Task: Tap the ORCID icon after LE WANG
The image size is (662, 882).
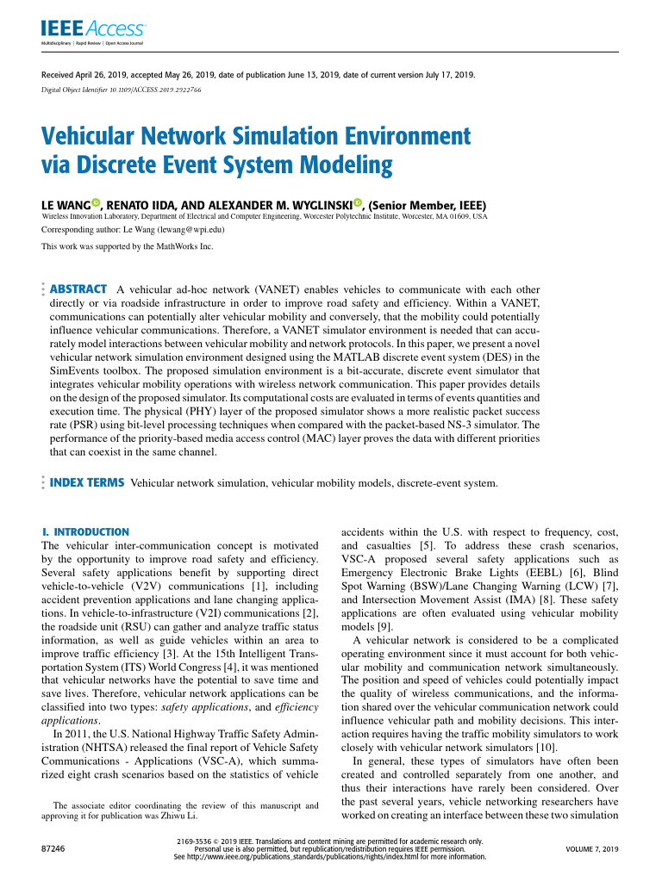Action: coord(96,204)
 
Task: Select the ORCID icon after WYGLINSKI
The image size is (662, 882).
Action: coord(357,204)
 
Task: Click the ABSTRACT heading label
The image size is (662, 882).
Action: coord(79,289)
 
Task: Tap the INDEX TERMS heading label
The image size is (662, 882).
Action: coord(87,483)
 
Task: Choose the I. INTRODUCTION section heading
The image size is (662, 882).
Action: coord(85,532)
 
